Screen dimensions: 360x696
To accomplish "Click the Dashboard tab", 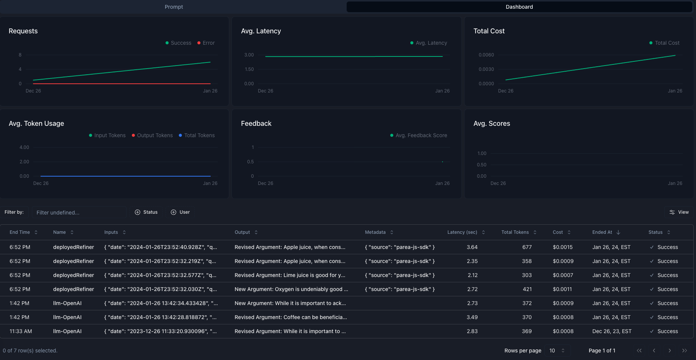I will [x=519, y=7].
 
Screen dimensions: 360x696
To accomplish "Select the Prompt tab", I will [x=174, y=7].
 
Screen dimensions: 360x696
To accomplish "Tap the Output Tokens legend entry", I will [x=152, y=135].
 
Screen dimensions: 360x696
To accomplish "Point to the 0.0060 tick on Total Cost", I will [x=486, y=55].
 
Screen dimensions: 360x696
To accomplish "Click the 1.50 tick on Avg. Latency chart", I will [x=249, y=69].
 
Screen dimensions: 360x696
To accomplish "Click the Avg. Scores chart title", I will [x=491, y=124].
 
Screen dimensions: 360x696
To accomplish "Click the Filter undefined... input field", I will [x=79, y=213].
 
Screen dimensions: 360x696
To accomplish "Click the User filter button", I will [x=180, y=212].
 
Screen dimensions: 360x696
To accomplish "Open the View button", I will [x=679, y=212].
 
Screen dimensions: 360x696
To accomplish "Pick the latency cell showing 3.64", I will [x=472, y=247].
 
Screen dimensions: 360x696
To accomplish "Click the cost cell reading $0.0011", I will [x=562, y=289].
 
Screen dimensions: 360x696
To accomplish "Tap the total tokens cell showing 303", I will [x=527, y=275].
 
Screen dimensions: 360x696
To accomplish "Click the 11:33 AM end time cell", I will [x=21, y=331].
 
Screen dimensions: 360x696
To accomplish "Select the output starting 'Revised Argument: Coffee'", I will [x=291, y=317].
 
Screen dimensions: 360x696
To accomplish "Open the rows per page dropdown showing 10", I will [x=557, y=351].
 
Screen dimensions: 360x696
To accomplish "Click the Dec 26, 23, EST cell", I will [x=612, y=331].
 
